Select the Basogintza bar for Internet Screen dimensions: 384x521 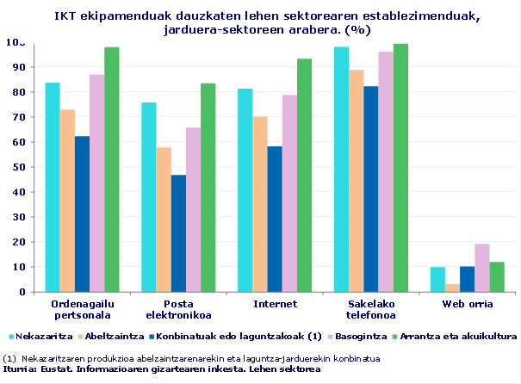click(x=289, y=194)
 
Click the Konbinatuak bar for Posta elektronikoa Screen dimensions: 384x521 click(x=178, y=233)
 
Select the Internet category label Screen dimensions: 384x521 click(x=275, y=304)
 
